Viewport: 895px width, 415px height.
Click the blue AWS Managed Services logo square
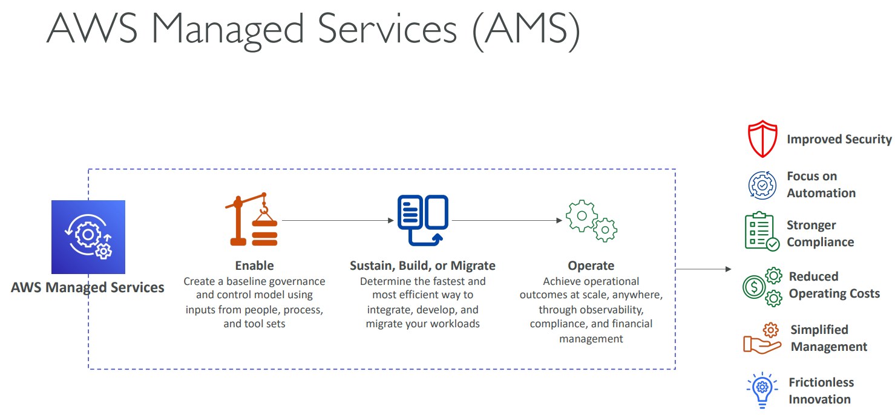(88, 237)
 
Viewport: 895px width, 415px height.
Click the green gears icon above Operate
(591, 221)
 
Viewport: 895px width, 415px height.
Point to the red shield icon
(761, 139)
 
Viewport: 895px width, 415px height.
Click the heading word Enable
(254, 266)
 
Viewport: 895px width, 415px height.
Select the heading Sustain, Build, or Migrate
(422, 266)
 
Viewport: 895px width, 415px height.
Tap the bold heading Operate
(591, 266)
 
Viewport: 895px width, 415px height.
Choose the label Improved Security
(839, 140)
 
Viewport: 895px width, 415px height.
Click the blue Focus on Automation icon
(762, 185)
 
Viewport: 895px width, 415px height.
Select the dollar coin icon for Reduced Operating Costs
(754, 287)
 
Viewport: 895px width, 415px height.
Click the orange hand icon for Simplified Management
(762, 339)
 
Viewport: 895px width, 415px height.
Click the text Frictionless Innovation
(821, 391)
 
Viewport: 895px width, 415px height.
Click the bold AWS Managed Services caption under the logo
(88, 288)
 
